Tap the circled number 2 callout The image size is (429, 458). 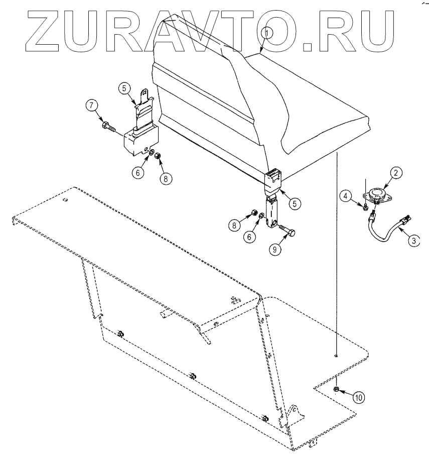(396, 173)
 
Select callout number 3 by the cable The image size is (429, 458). (413, 241)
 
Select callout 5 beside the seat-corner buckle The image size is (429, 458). (295, 203)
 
